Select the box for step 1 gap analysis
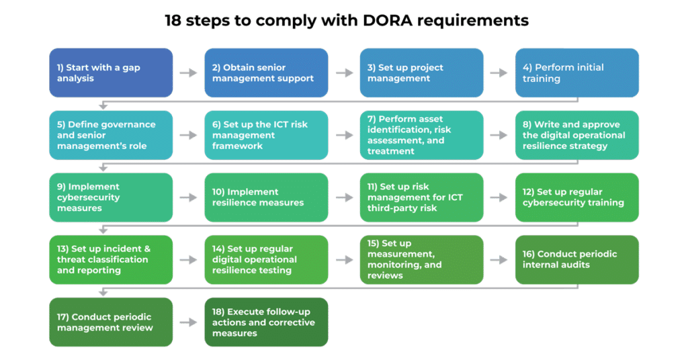(111, 73)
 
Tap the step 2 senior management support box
(266, 73)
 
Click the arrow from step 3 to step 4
(499, 73)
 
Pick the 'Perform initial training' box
(577, 73)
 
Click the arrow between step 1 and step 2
(189, 73)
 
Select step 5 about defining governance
(111, 135)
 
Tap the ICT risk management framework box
(266, 135)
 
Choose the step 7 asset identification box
(421, 135)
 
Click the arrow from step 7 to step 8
(499, 135)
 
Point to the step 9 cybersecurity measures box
(111, 197)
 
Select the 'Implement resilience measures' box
(266, 197)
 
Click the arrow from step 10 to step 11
(344, 197)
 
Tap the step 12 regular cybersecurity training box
(577, 197)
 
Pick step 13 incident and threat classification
(111, 259)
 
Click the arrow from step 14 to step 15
(344, 260)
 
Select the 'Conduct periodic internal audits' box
(577, 259)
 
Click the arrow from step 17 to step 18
(189, 322)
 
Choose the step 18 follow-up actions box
(266, 322)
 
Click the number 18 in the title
(175, 21)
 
